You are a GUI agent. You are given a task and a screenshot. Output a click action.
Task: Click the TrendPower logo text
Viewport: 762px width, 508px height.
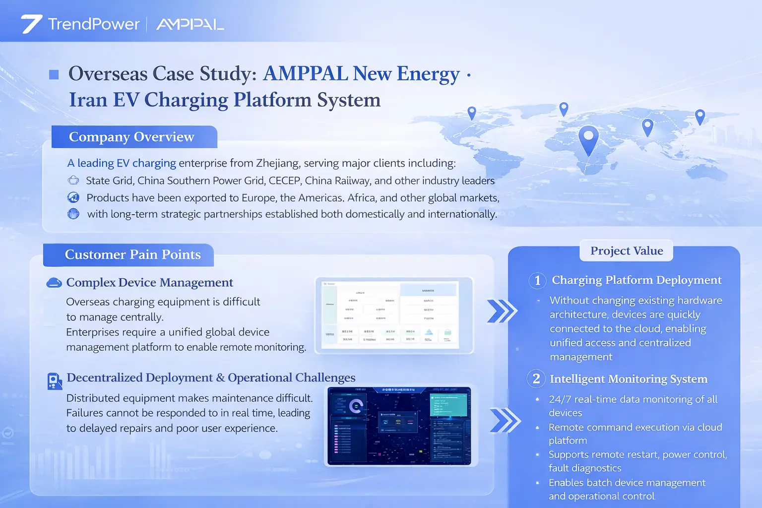click(94, 24)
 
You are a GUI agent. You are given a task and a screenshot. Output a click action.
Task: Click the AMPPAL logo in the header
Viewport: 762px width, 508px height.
click(190, 24)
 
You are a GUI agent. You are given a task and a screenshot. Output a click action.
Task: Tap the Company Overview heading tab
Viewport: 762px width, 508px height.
click(132, 137)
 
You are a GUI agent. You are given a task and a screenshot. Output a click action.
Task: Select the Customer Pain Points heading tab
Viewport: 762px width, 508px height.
click(132, 254)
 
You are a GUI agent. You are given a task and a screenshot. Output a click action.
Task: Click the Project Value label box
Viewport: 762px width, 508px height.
click(626, 251)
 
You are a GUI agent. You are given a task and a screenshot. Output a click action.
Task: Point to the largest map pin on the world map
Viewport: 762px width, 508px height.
click(588, 138)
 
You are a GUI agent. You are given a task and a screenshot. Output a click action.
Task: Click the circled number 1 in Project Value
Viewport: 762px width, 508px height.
click(537, 281)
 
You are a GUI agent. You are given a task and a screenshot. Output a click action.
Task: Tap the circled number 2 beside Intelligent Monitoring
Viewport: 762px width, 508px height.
click(536, 379)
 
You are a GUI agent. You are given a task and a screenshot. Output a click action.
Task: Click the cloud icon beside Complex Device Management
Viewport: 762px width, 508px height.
click(54, 283)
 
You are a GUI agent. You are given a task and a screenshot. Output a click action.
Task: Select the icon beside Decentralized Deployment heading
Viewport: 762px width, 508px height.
click(54, 381)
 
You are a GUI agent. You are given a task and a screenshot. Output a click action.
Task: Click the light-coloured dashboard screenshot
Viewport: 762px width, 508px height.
click(394, 316)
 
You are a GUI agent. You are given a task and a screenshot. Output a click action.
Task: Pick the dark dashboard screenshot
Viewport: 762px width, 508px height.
click(400, 426)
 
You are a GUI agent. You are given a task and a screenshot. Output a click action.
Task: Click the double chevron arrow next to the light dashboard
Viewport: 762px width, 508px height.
click(502, 312)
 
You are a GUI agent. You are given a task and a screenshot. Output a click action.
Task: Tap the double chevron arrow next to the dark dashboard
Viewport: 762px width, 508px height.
click(505, 421)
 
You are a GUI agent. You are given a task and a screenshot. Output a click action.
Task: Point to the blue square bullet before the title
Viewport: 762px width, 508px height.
click(54, 75)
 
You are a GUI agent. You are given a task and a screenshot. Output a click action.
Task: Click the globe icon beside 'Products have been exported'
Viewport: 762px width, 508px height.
click(73, 197)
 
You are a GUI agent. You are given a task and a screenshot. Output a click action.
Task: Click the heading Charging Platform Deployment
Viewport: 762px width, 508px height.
click(636, 280)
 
